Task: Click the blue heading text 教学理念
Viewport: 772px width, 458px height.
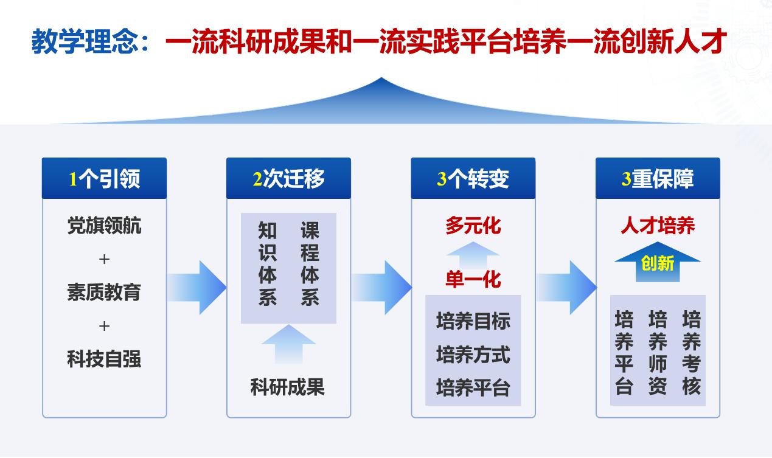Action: pyautogui.click(x=85, y=41)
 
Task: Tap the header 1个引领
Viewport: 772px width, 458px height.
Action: pyautogui.click(x=105, y=178)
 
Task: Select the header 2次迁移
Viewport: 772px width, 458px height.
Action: pyautogui.click(x=288, y=178)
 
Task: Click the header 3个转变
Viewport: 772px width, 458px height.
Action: pyautogui.click(x=473, y=178)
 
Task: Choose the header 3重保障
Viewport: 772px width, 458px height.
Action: pyautogui.click(x=658, y=178)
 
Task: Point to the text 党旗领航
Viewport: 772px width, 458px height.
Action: pyautogui.click(x=105, y=226)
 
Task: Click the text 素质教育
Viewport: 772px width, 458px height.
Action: pyautogui.click(x=105, y=292)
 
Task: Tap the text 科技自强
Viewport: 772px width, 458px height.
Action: pyautogui.click(x=105, y=359)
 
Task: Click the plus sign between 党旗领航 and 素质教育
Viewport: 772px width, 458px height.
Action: pyautogui.click(x=104, y=259)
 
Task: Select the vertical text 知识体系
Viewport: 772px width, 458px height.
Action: pyautogui.click(x=268, y=263)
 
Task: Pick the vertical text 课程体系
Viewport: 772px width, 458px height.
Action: pyautogui.click(x=310, y=263)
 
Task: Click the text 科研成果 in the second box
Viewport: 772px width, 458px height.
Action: pyautogui.click(x=288, y=387)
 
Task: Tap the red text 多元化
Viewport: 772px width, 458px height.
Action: pyautogui.click(x=473, y=226)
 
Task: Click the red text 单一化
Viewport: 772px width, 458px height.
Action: pyautogui.click(x=473, y=279)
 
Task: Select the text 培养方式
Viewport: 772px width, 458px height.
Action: pyautogui.click(x=473, y=355)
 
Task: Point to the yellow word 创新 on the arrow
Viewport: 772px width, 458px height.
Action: pyautogui.click(x=658, y=263)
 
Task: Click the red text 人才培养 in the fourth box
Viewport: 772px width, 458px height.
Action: pyautogui.click(x=658, y=226)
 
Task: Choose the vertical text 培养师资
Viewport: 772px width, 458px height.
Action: pyautogui.click(x=658, y=352)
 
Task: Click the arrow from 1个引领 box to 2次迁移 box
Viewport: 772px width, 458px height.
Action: pyautogui.click(x=196, y=288)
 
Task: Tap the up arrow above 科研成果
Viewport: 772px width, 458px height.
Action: pyautogui.click(x=288, y=344)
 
